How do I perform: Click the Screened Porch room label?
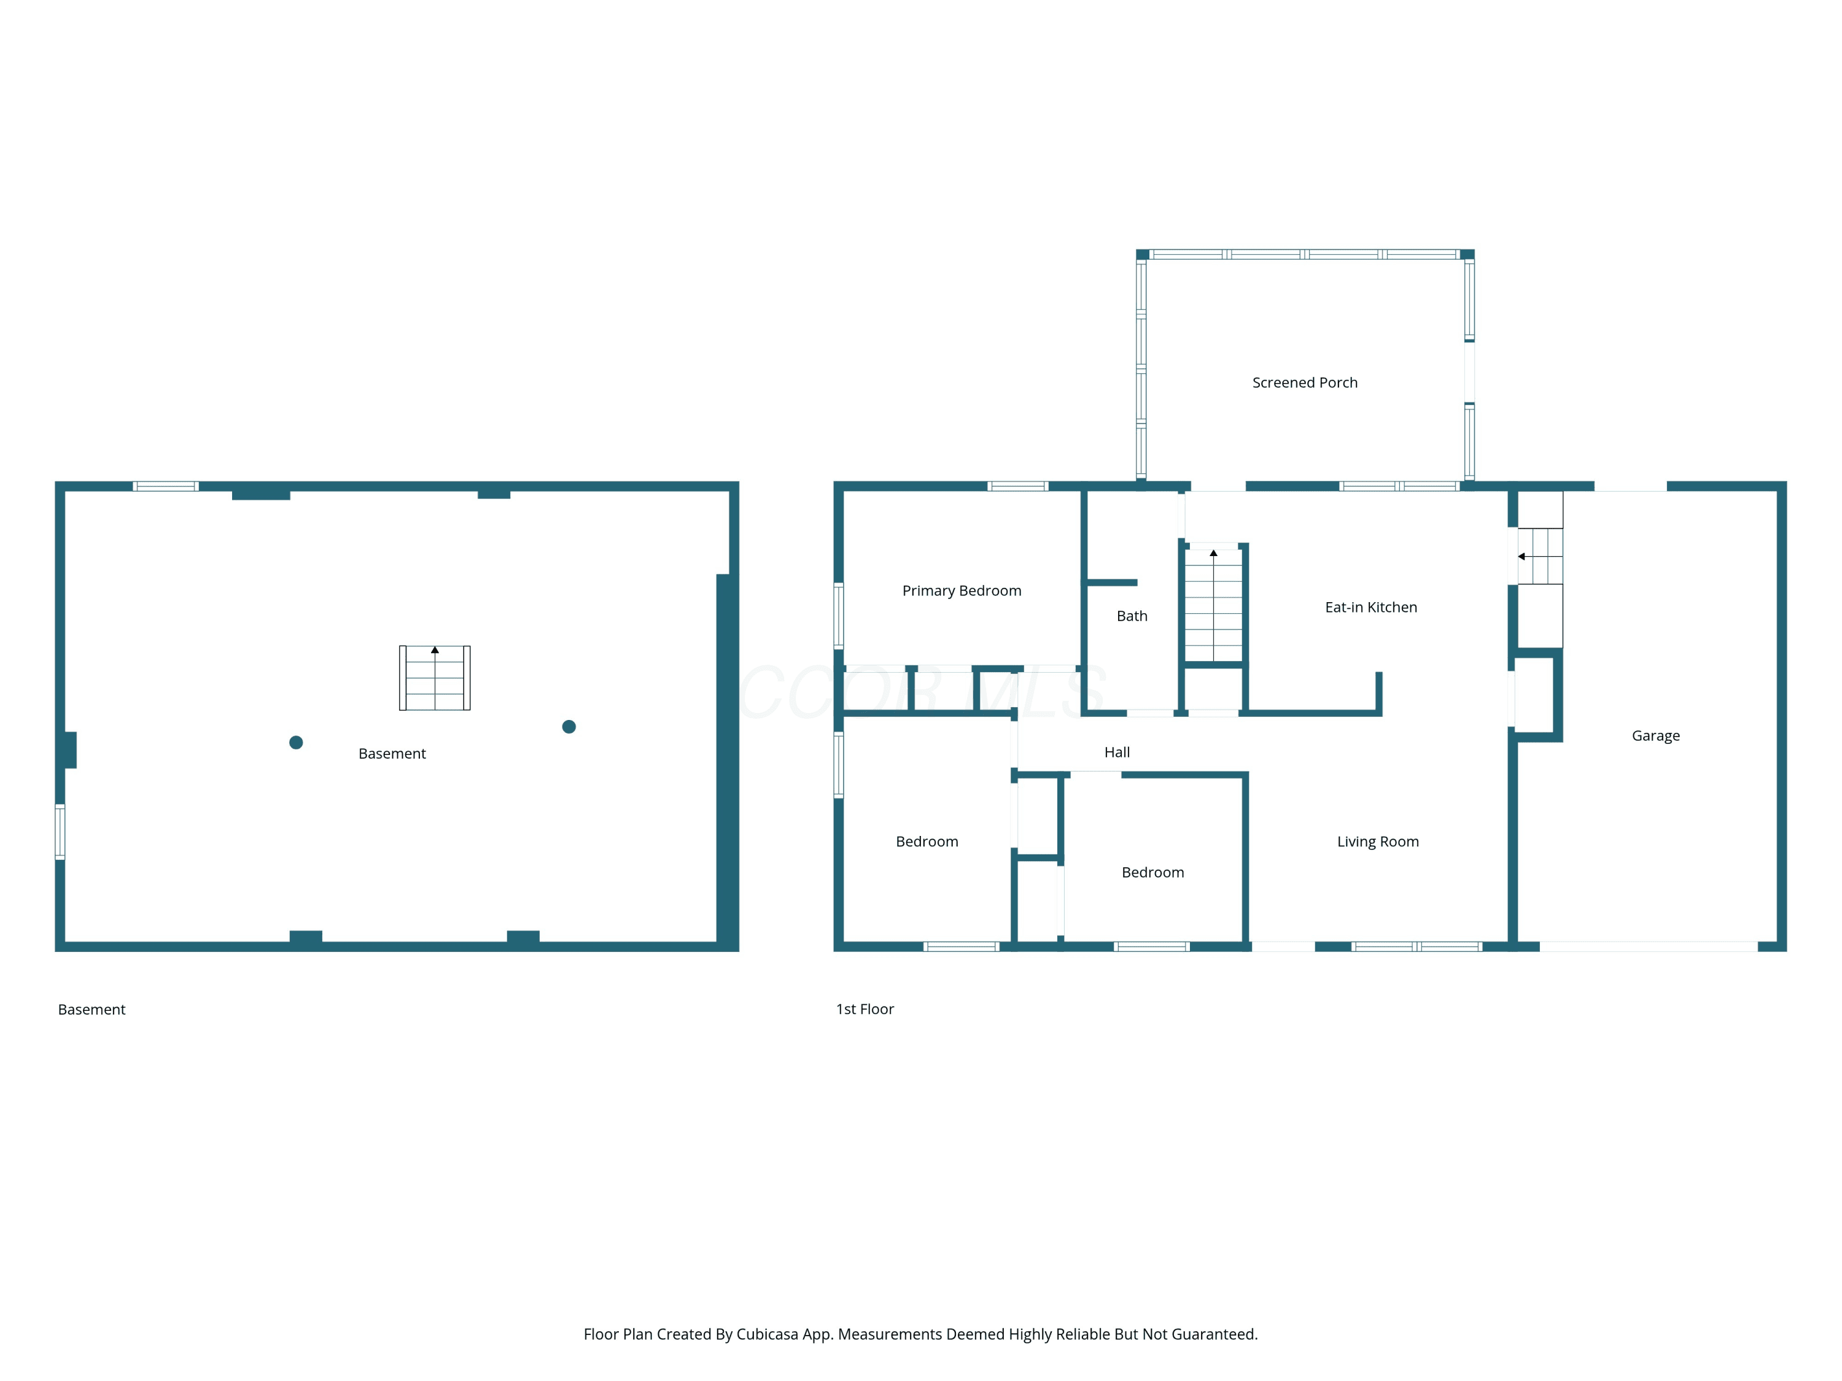click(1304, 383)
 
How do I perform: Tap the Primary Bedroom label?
click(962, 591)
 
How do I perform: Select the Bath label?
click(1132, 616)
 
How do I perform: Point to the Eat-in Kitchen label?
click(1370, 608)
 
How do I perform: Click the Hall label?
click(1117, 752)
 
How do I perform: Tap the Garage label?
click(1655, 736)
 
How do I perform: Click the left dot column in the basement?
click(295, 743)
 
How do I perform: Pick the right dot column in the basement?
click(569, 727)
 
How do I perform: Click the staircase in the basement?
click(435, 678)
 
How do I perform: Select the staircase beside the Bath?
click(1213, 603)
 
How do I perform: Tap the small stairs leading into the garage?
click(1540, 556)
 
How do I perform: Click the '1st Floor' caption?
click(865, 1009)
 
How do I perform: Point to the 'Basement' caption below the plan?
click(91, 1010)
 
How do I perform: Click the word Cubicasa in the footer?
click(767, 1334)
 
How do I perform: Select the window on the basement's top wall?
click(166, 486)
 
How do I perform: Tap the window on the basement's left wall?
click(60, 832)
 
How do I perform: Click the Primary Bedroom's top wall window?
click(1017, 486)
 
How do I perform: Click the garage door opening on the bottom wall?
click(1648, 946)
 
